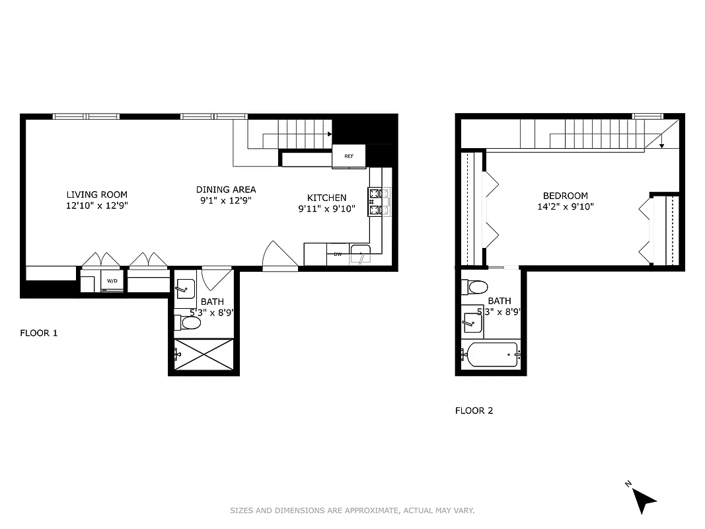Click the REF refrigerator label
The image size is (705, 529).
350,157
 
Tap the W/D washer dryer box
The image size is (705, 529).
112,280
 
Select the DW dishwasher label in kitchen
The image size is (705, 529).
338,254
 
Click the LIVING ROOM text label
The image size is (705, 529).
96,194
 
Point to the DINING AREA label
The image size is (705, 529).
225,190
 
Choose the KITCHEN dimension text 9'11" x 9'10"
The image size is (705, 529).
326,209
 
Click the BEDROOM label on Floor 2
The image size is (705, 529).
565,196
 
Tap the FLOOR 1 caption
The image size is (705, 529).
38,333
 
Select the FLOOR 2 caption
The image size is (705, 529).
474,411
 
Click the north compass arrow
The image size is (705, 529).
644,501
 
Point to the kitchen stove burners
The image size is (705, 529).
379,202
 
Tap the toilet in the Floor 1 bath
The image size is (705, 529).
189,323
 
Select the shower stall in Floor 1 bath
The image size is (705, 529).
204,354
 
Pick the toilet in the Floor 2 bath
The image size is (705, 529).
476,287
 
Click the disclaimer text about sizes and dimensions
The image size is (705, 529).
352,510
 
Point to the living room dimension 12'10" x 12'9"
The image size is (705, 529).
96,206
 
